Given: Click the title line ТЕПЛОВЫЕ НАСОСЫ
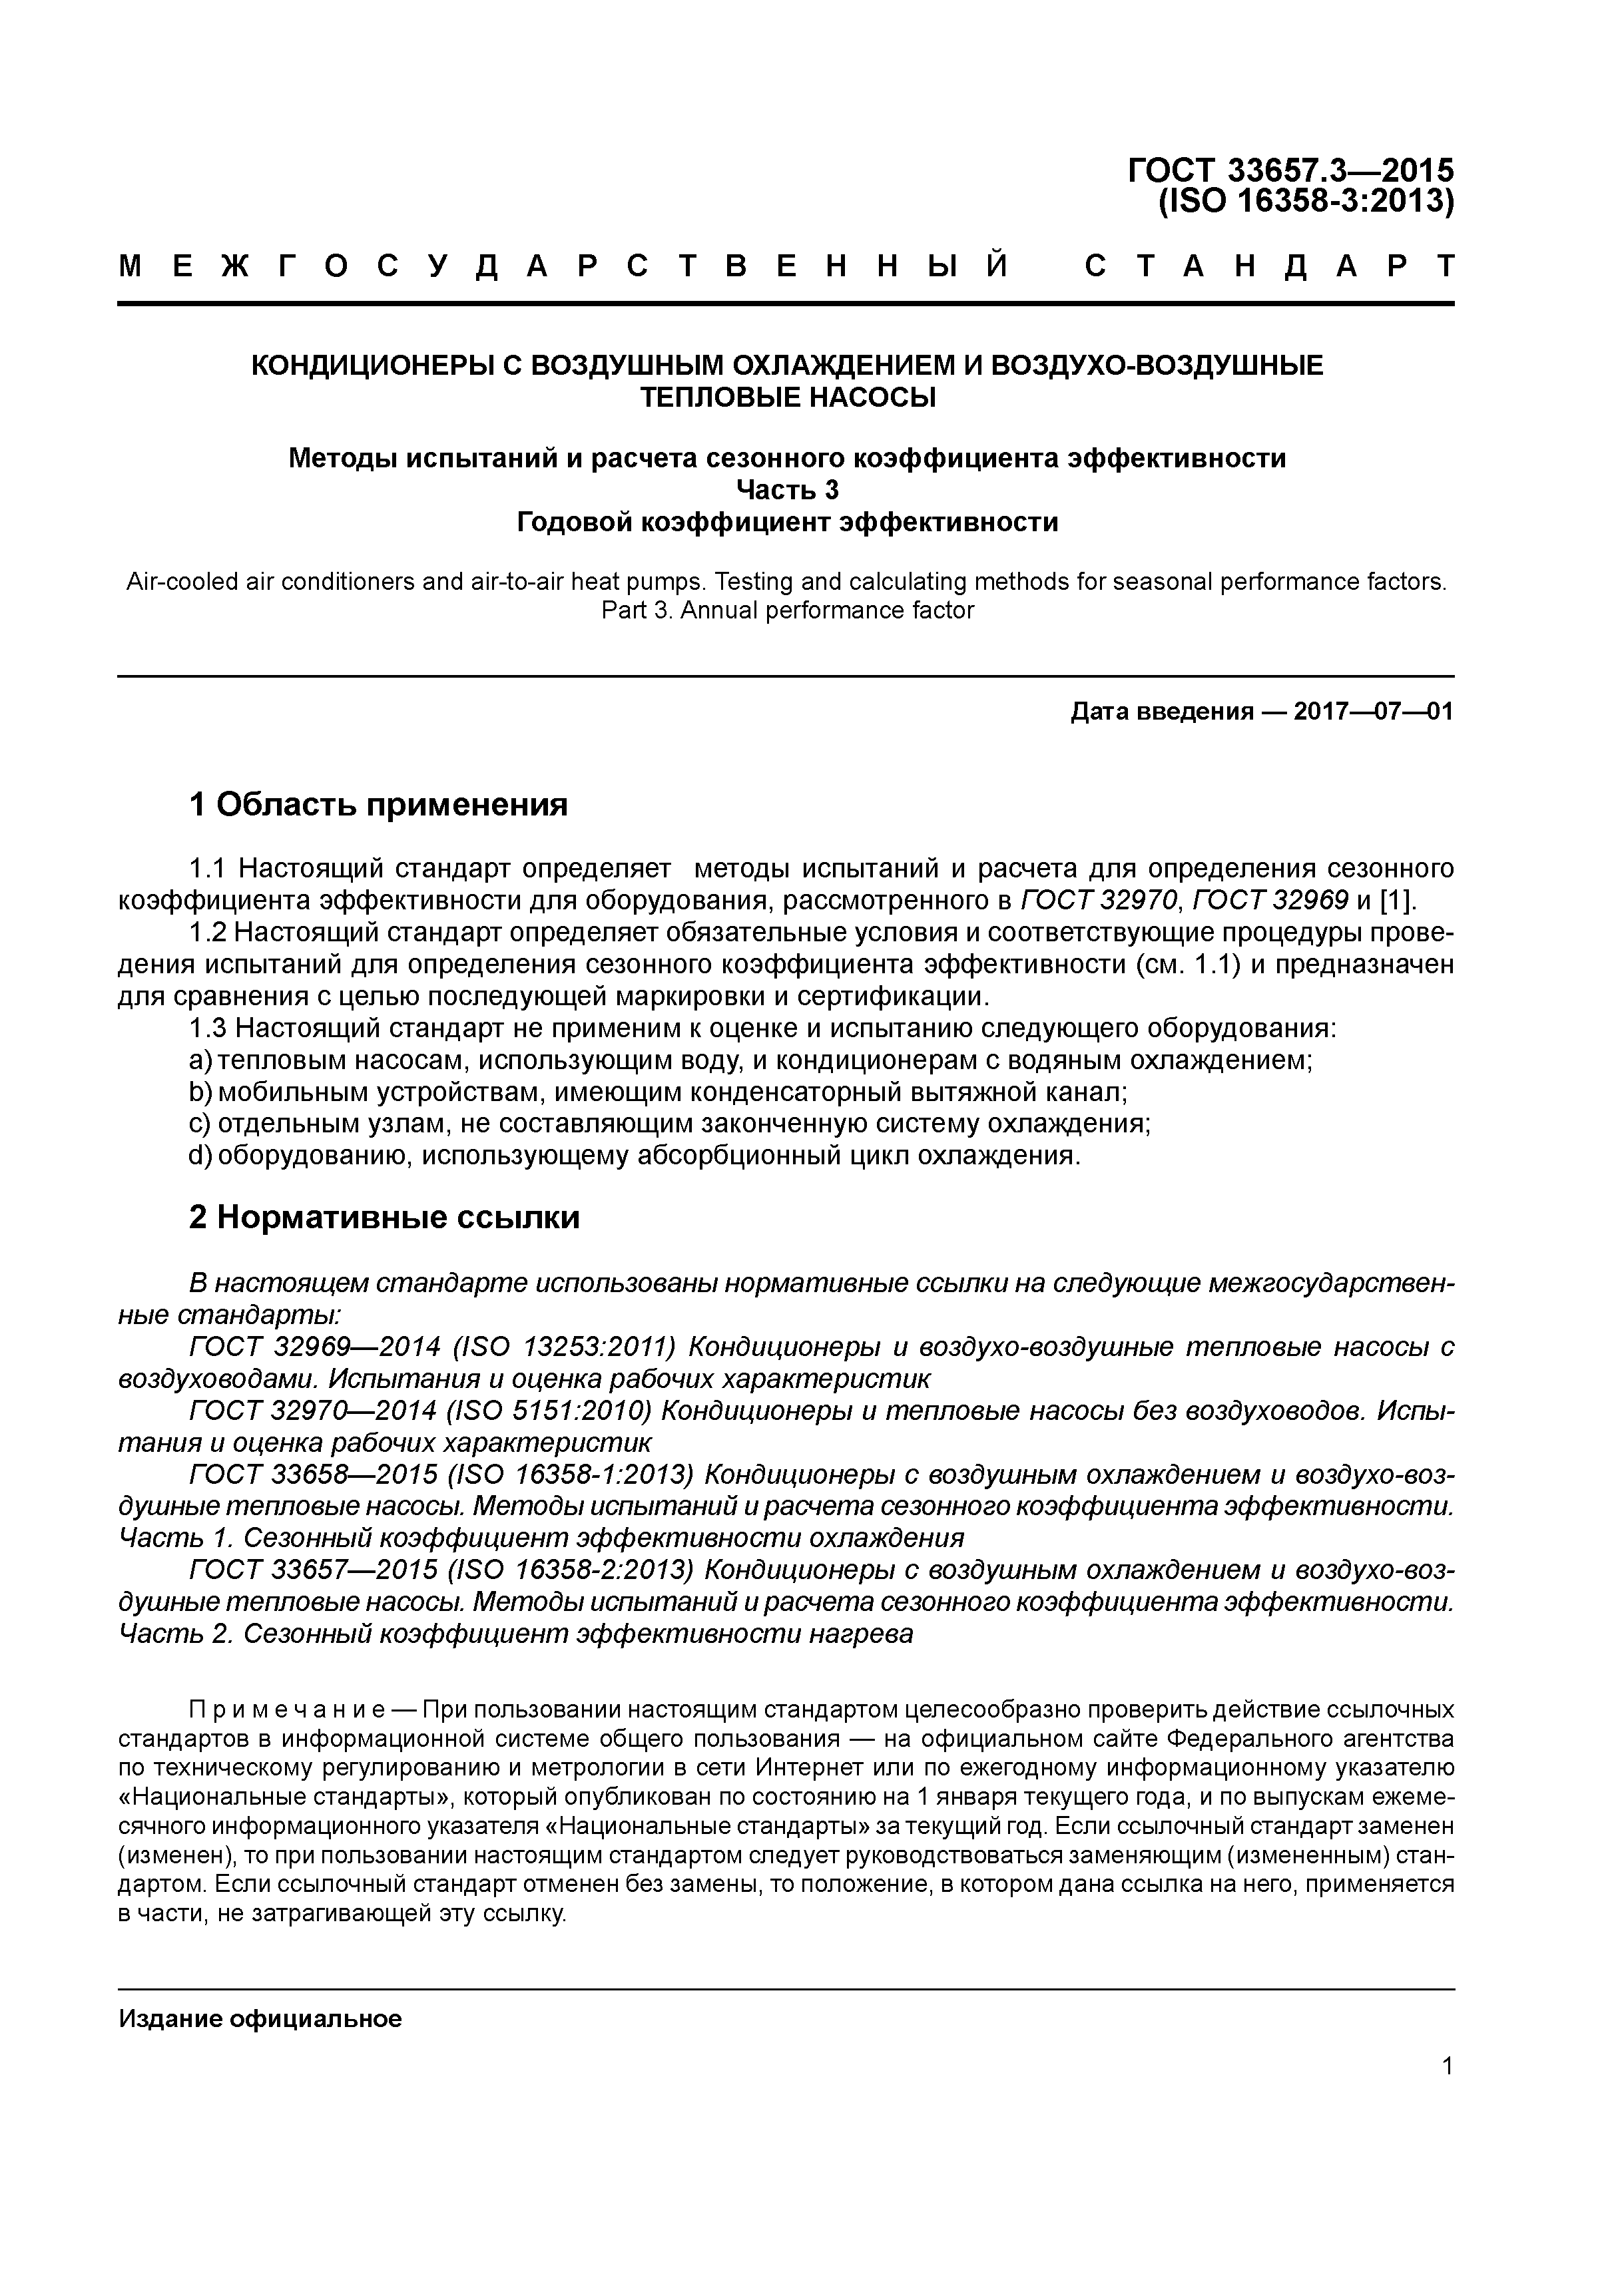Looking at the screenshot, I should pyautogui.click(x=788, y=397).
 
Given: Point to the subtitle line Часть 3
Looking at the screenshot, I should pyautogui.click(x=788, y=489).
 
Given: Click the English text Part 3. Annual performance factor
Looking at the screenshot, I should pyautogui.click(x=788, y=610).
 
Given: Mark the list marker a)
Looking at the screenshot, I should pyautogui.click(x=200, y=1060).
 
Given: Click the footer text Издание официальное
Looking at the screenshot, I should pyautogui.click(x=260, y=2019).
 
